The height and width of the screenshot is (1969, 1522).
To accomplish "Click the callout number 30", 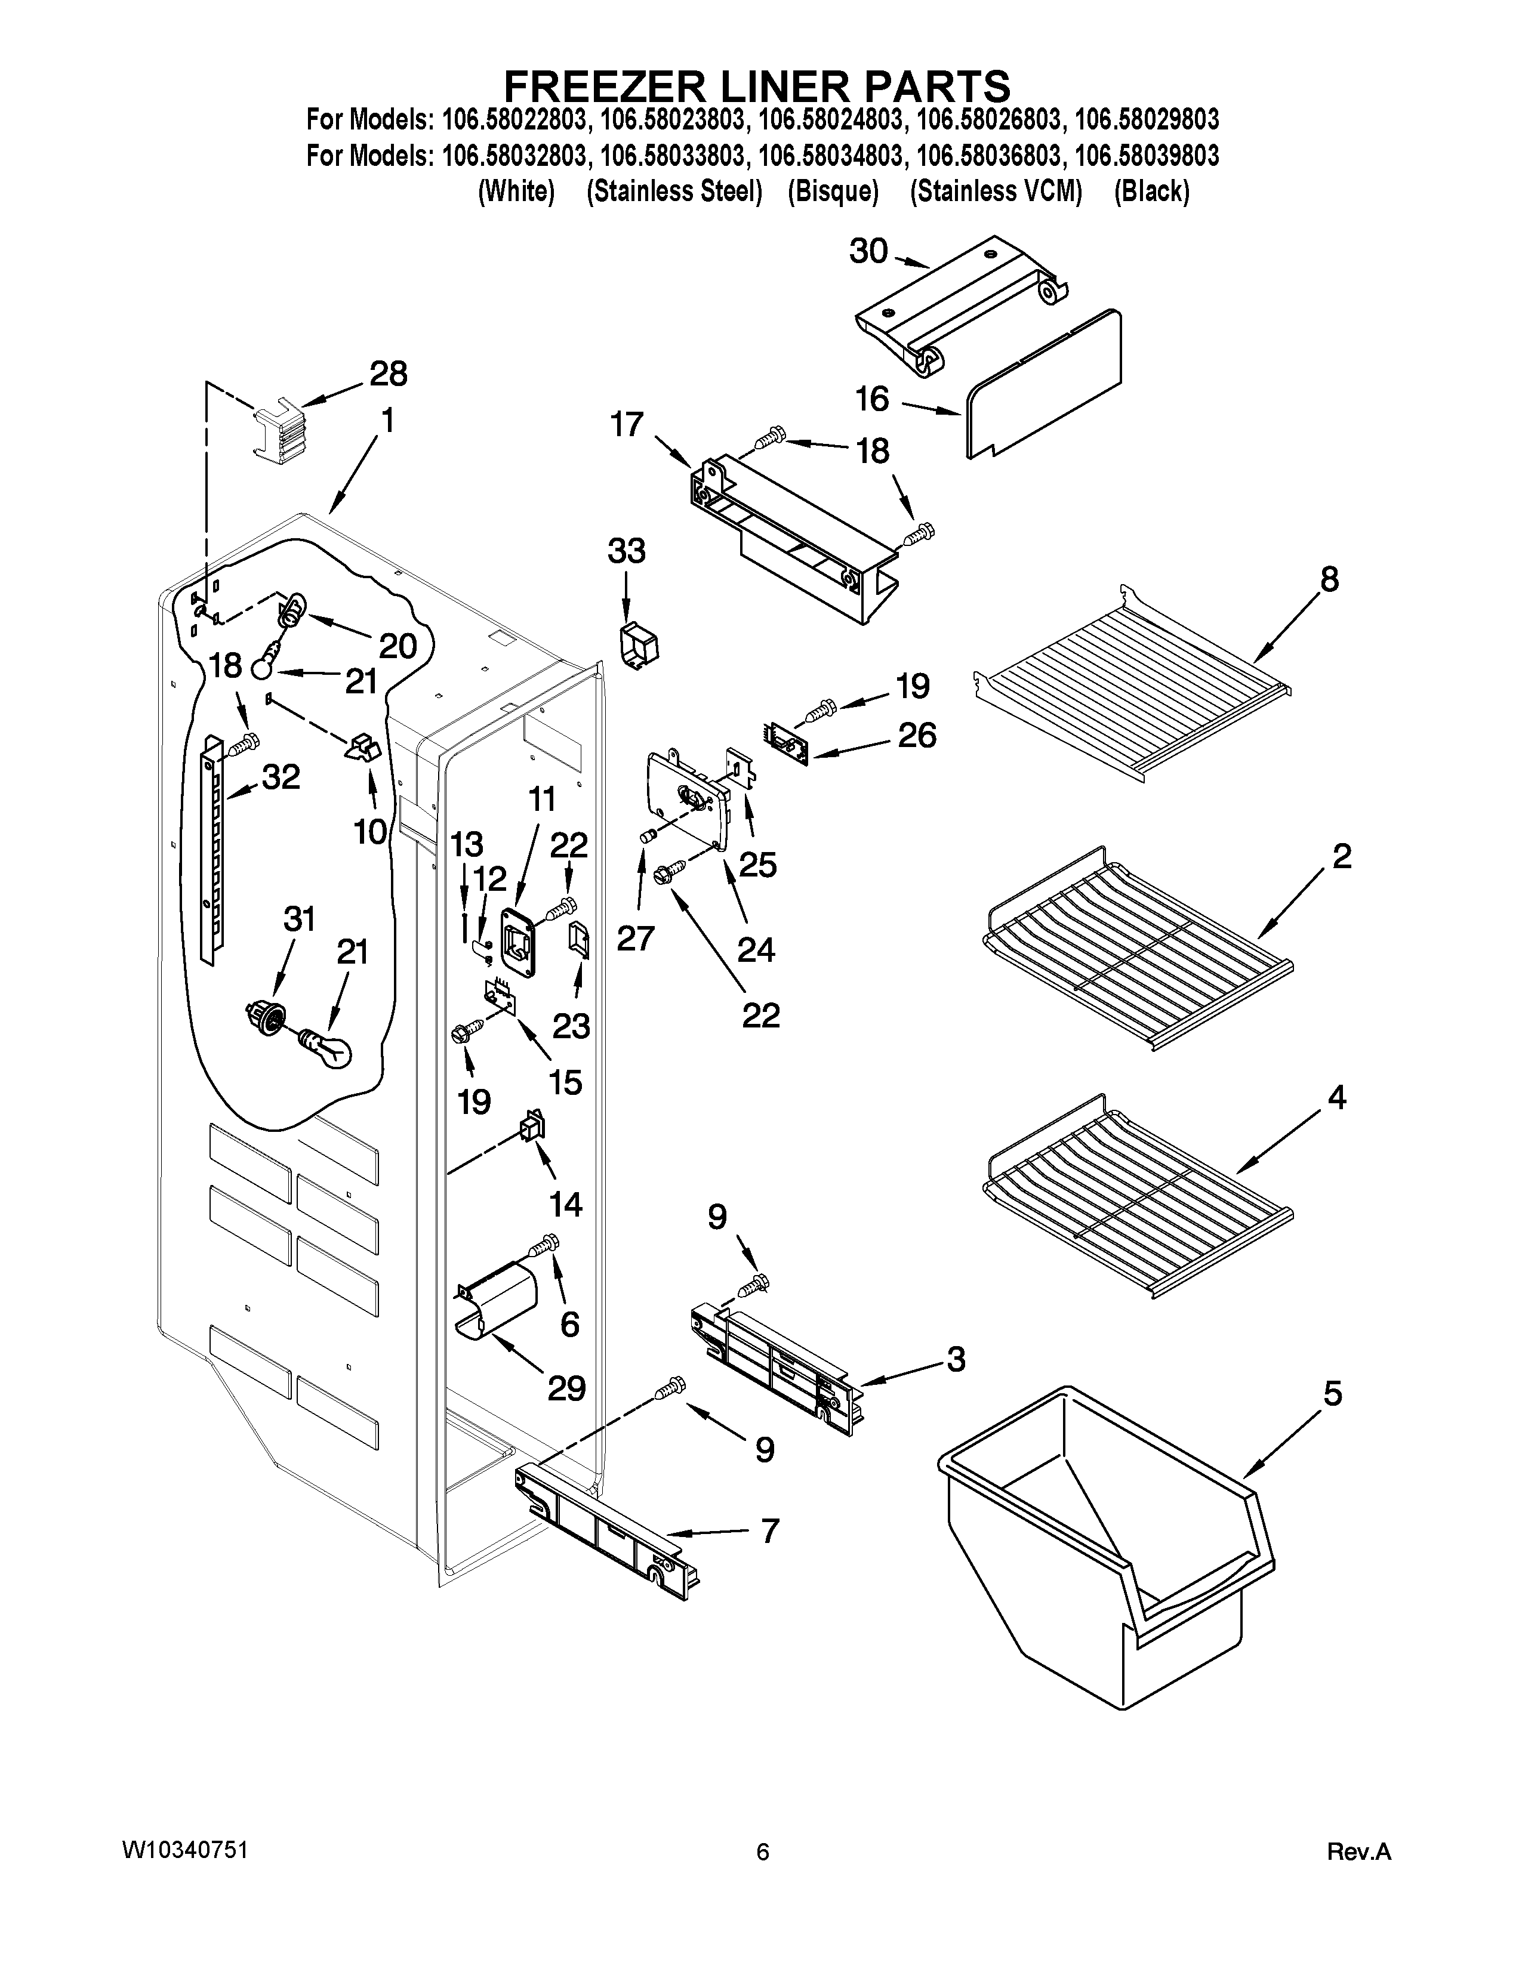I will point(868,252).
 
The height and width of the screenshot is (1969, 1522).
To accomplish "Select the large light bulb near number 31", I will point(326,1048).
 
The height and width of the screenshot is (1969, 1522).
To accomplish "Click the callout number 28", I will point(388,374).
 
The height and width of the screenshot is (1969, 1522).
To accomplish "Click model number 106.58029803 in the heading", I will point(1147,120).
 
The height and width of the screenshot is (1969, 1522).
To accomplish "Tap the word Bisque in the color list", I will point(832,192).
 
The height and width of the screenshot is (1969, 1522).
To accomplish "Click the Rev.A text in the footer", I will point(1360,1853).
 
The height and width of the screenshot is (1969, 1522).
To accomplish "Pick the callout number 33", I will point(627,551).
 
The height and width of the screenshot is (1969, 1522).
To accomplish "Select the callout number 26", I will point(916,736).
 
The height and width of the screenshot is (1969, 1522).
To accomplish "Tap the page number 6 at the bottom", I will point(763,1853).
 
